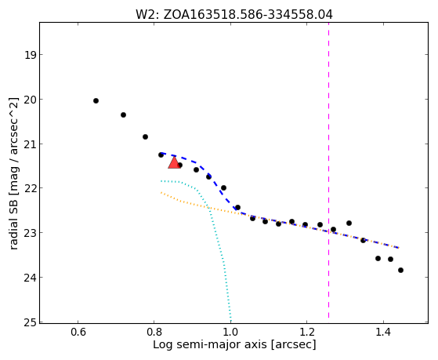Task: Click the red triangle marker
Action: click(174, 163)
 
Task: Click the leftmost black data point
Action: click(96, 100)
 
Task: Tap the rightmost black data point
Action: click(400, 271)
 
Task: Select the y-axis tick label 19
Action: click(31, 55)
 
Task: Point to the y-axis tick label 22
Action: click(31, 188)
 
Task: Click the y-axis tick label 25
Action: click(31, 322)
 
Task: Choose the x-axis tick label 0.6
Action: click(78, 332)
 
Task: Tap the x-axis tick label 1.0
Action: click(230, 332)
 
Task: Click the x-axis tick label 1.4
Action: click(383, 332)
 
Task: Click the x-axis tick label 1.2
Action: click(306, 332)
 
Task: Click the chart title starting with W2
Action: click(234, 14)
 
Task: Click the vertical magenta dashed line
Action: click(328, 170)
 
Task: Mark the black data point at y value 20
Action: click(96, 100)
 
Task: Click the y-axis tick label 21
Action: click(31, 144)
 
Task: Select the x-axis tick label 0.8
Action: click(154, 332)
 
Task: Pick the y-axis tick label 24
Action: click(31, 278)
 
